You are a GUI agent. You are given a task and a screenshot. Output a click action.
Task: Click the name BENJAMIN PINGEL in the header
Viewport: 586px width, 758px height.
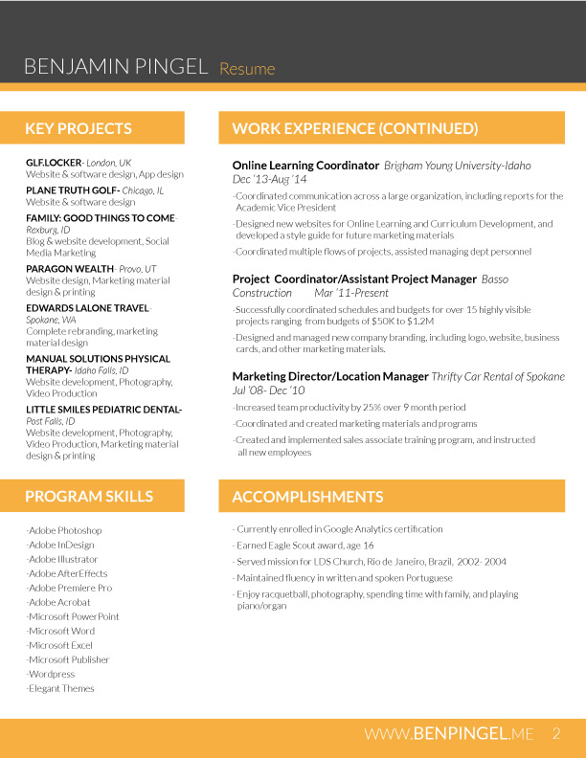(116, 67)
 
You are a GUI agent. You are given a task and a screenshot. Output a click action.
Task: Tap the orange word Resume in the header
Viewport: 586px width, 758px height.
(247, 69)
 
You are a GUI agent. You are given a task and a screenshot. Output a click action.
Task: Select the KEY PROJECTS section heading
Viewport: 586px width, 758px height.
(79, 128)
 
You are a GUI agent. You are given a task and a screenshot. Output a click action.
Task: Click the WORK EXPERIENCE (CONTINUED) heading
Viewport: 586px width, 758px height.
(354, 128)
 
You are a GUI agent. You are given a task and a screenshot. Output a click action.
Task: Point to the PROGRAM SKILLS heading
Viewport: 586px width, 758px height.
(89, 496)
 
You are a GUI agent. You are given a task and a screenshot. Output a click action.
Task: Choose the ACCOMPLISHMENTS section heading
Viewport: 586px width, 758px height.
(307, 497)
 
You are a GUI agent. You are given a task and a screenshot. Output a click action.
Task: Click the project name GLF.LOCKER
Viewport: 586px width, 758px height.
(54, 163)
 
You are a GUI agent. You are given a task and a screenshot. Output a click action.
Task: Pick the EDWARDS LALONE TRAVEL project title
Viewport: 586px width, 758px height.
(87, 308)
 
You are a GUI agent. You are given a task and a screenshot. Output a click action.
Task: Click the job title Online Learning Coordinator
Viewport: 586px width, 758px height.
(305, 166)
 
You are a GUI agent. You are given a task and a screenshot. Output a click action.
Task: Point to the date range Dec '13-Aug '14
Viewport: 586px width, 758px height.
(269, 179)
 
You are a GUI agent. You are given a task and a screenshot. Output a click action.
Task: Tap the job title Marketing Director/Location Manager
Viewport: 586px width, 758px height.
(330, 377)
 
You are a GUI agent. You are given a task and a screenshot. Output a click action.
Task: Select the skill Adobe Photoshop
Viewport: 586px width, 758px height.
(65, 530)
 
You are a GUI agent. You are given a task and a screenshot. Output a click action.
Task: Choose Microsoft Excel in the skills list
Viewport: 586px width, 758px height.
(60, 645)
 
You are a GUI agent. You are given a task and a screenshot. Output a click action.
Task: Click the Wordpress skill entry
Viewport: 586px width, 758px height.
(52, 674)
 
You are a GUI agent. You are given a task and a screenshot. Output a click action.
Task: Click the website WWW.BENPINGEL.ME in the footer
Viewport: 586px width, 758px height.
(448, 734)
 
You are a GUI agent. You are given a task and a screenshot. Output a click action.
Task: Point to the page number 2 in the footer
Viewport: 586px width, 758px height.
(555, 734)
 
